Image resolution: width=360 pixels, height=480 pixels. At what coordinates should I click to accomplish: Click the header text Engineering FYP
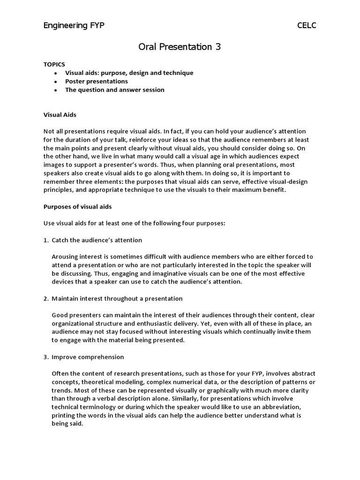coord(74,25)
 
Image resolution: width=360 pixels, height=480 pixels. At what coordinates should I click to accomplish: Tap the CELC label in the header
coord(307,25)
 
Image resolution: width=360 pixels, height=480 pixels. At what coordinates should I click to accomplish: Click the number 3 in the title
coord(217,47)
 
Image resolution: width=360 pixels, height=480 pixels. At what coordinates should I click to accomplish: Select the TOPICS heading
coord(54,64)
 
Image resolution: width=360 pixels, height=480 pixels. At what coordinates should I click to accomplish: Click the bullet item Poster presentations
coord(96,81)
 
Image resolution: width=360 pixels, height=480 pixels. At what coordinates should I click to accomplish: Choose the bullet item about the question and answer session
coord(114,90)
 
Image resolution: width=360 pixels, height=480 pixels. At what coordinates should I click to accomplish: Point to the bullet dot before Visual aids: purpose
coord(56,73)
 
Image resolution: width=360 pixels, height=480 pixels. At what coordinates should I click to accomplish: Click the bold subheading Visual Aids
coord(60,114)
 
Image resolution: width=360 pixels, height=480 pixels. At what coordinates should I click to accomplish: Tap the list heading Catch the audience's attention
coord(97,240)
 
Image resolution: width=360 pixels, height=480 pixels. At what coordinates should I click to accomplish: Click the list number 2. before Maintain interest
coord(46,299)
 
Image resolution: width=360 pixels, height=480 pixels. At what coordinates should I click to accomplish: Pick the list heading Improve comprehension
coord(88,357)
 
